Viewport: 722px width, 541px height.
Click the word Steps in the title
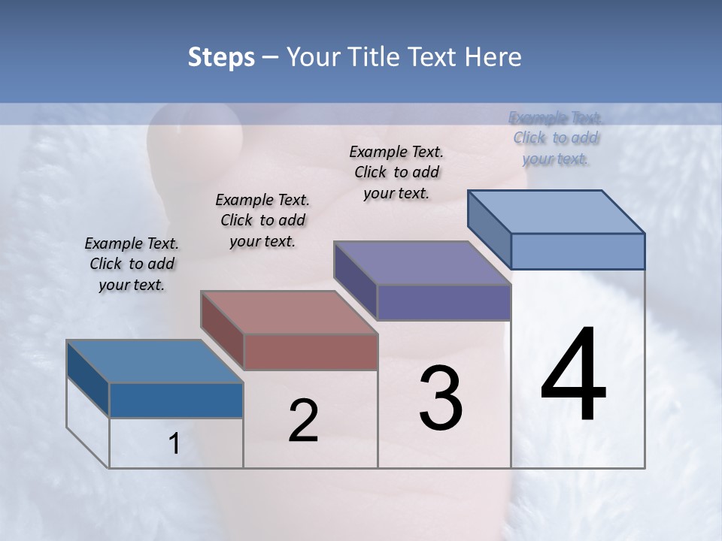[221, 57]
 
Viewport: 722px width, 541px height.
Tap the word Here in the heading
[493, 57]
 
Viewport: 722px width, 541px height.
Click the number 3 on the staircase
[441, 398]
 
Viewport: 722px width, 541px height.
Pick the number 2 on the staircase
[303, 421]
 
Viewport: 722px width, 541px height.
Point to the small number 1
[174, 443]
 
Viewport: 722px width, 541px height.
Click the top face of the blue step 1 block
[154, 361]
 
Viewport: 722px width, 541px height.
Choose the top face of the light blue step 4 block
[556, 211]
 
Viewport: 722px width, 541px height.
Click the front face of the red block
[311, 352]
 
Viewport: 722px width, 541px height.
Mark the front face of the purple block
[444, 302]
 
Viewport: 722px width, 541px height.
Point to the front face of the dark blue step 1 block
[176, 400]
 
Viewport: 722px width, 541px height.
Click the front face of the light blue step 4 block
[578, 251]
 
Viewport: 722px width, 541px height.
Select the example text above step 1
[132, 264]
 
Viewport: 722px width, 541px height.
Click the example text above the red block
[262, 220]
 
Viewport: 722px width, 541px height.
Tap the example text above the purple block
[396, 172]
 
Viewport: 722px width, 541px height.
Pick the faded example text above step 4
[556, 138]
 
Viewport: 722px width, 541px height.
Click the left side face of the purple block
[355, 280]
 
